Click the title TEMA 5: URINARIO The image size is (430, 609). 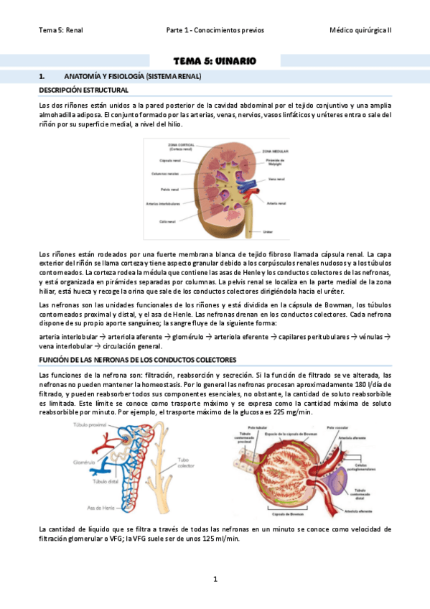(215, 61)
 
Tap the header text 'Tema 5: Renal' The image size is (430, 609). (61, 30)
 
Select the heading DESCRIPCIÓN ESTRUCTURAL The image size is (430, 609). (83, 90)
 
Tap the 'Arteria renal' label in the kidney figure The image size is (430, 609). (276, 203)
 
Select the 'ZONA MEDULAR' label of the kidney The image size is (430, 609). (276, 152)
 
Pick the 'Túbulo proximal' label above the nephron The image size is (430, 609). (90, 425)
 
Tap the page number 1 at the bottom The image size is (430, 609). (215, 579)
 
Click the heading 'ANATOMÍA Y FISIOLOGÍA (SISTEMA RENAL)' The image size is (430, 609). (133, 76)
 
